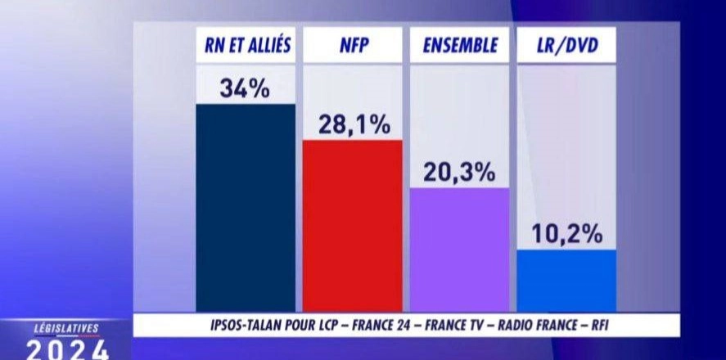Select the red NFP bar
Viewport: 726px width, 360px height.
tap(352, 225)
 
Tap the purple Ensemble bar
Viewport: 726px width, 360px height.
tap(459, 250)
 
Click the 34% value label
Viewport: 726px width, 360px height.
tap(245, 88)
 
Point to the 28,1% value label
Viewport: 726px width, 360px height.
tap(353, 124)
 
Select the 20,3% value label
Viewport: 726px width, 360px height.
tap(459, 173)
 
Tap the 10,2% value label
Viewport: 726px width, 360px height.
tap(566, 235)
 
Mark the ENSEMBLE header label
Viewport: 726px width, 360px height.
tap(459, 47)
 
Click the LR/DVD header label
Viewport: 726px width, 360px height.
tap(566, 47)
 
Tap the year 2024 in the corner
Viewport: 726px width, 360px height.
tap(67, 349)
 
